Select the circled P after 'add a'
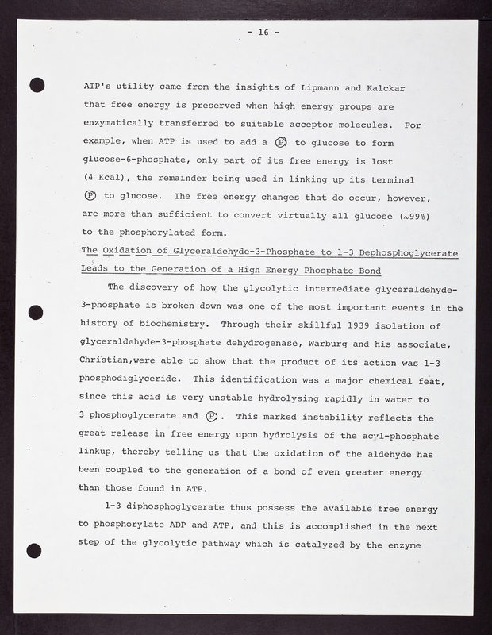280,143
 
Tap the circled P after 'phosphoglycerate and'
212,417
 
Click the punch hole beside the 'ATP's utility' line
35,83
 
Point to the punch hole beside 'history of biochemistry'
35,312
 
